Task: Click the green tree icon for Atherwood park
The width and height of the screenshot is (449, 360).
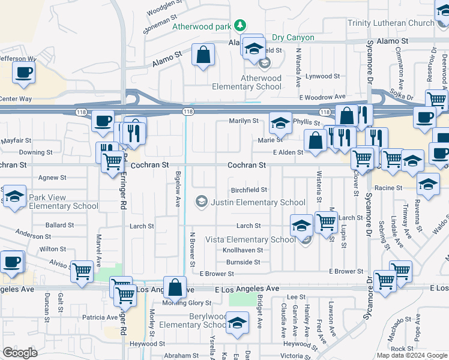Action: (240, 25)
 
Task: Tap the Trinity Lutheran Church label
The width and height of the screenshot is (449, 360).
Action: (391, 23)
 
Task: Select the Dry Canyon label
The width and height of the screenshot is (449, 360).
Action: (293, 38)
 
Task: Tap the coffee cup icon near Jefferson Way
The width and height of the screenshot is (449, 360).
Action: (23, 72)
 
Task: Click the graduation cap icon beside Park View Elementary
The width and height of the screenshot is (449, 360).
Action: (14, 196)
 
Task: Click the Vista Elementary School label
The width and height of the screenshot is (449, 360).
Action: (250, 239)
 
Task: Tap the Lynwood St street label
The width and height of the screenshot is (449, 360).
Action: (322, 76)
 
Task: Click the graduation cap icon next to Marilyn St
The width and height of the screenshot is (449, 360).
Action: (280, 122)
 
